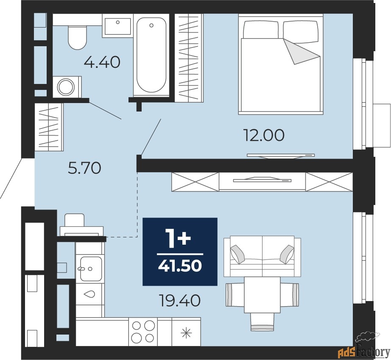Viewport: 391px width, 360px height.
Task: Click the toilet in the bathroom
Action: pos(77,37)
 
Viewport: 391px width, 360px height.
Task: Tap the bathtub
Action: pos(151,55)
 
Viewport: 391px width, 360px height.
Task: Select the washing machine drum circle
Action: pos(66,87)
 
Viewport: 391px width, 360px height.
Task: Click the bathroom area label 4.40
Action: pos(102,62)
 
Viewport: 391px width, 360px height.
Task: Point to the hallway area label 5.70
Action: pos(84,168)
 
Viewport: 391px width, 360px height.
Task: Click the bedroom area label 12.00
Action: pos(264,136)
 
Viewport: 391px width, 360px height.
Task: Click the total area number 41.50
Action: pos(180,266)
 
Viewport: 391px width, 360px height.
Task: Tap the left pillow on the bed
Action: pos(261,29)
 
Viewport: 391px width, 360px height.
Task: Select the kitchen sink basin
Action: pos(91,268)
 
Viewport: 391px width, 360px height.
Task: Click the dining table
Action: pos(262,295)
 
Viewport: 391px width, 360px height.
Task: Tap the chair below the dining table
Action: pos(262,322)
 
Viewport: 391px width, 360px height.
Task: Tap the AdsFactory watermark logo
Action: pos(364,345)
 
